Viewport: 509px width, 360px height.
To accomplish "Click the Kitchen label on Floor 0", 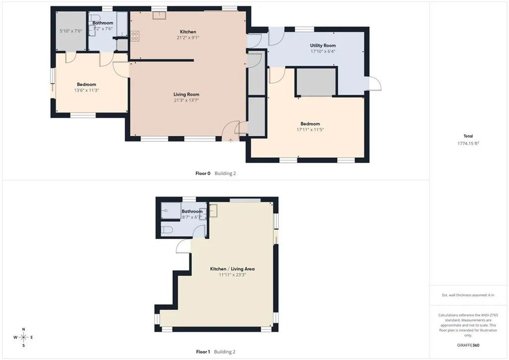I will coord(188,32).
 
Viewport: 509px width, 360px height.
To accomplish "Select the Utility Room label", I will coord(323,45).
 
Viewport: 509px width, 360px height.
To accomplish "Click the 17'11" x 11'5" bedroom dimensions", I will coord(310,130).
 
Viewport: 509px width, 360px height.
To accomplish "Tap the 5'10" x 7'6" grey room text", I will coord(70,31).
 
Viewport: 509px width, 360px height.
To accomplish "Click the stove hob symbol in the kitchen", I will coord(135,36).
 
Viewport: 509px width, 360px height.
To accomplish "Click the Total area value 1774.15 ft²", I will coord(468,143).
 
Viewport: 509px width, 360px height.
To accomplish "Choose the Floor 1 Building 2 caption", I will coord(215,352).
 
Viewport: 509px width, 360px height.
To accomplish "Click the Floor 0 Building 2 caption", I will coord(215,174).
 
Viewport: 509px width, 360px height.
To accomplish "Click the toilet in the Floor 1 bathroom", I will coord(168,230).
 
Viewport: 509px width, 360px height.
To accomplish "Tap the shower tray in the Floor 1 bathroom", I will coord(171,212).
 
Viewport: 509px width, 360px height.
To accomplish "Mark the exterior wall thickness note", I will coord(468,295).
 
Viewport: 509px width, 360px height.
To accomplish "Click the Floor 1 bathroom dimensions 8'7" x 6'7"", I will coord(191,217).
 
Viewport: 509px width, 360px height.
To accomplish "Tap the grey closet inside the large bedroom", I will coord(316,82).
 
